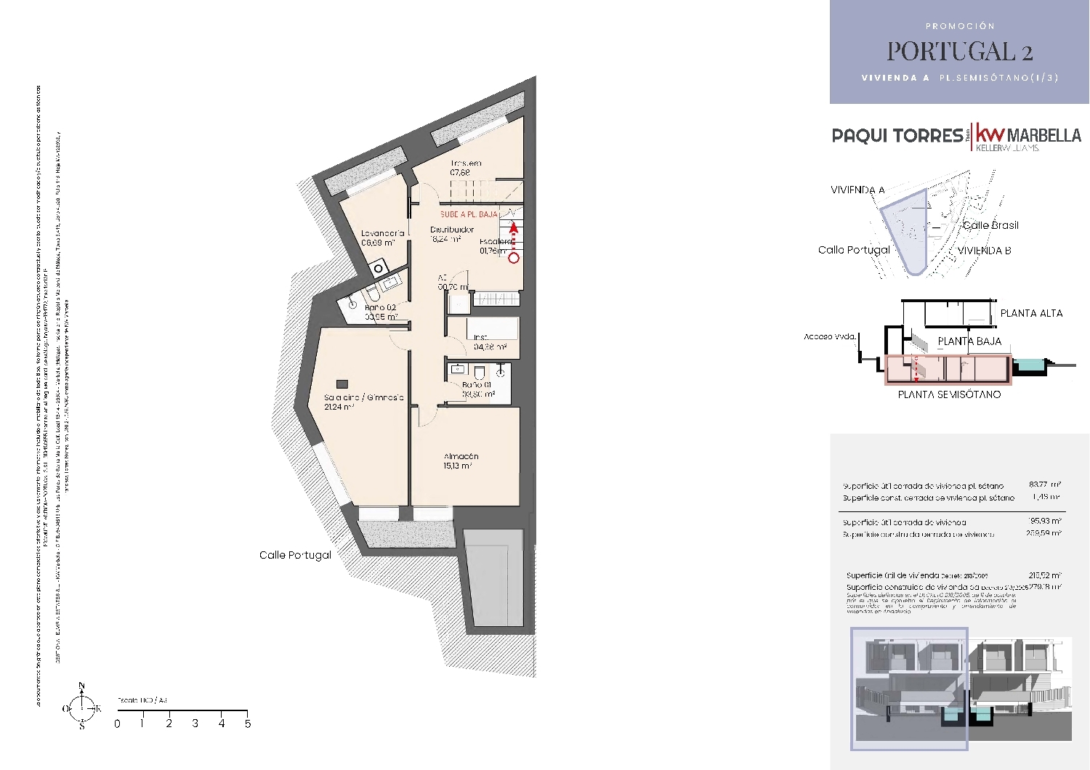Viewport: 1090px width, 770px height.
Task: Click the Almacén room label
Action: [x=461, y=457]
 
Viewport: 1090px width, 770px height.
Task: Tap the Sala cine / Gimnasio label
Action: [x=363, y=397]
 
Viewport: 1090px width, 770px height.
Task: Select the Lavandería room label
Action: [x=382, y=233]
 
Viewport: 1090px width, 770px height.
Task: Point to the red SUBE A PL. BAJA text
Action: [x=469, y=215]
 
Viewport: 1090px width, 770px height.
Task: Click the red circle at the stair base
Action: [x=514, y=258]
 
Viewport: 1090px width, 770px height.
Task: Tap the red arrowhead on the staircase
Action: [x=514, y=227]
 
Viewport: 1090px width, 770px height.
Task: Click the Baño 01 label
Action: [x=477, y=385]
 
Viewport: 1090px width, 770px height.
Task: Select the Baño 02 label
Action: [x=380, y=307]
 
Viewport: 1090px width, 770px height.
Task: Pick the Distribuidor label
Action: [x=451, y=230]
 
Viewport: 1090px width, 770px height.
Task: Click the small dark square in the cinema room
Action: [x=342, y=384]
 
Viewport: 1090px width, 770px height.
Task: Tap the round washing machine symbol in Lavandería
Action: [x=378, y=269]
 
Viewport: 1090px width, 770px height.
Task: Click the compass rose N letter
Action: [x=81, y=686]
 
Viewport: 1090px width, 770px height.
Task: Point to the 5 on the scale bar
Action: [x=248, y=724]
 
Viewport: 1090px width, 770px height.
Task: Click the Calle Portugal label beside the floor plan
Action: [x=295, y=555]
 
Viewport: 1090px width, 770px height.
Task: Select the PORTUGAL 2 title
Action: [x=959, y=52]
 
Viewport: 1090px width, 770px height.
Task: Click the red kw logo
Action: [x=990, y=134]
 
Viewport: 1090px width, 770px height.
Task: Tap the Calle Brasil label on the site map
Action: [x=990, y=225]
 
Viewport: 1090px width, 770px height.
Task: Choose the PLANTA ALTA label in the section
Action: [x=1031, y=313]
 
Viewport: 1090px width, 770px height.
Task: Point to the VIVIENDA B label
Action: [x=984, y=251]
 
